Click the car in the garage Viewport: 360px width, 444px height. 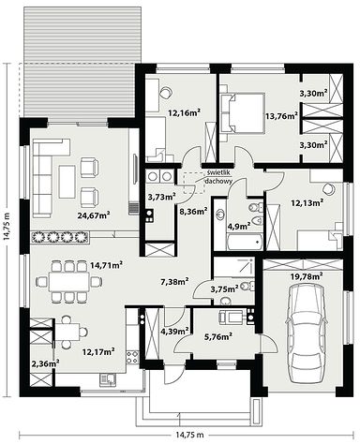click(x=306, y=333)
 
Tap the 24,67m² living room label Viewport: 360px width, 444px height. click(x=94, y=215)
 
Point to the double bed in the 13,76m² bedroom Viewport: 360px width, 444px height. click(x=243, y=112)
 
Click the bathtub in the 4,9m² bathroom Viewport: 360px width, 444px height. click(x=245, y=242)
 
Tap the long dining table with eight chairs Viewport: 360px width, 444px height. click(x=68, y=281)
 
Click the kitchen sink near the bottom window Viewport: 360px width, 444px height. click(x=107, y=379)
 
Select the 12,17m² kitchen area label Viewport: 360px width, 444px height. click(x=98, y=351)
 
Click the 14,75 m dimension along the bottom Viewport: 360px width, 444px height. click(x=189, y=435)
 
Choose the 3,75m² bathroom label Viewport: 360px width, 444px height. click(x=224, y=289)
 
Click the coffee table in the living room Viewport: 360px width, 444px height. click(x=67, y=182)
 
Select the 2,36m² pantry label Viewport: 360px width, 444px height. click(x=46, y=363)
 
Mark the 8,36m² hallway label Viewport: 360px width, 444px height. click(x=193, y=212)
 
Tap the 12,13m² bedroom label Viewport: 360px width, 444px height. click(x=307, y=203)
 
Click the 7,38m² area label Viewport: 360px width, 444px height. click(x=174, y=282)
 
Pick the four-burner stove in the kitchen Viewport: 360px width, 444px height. click(x=132, y=357)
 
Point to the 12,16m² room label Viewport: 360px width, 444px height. click(x=184, y=112)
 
